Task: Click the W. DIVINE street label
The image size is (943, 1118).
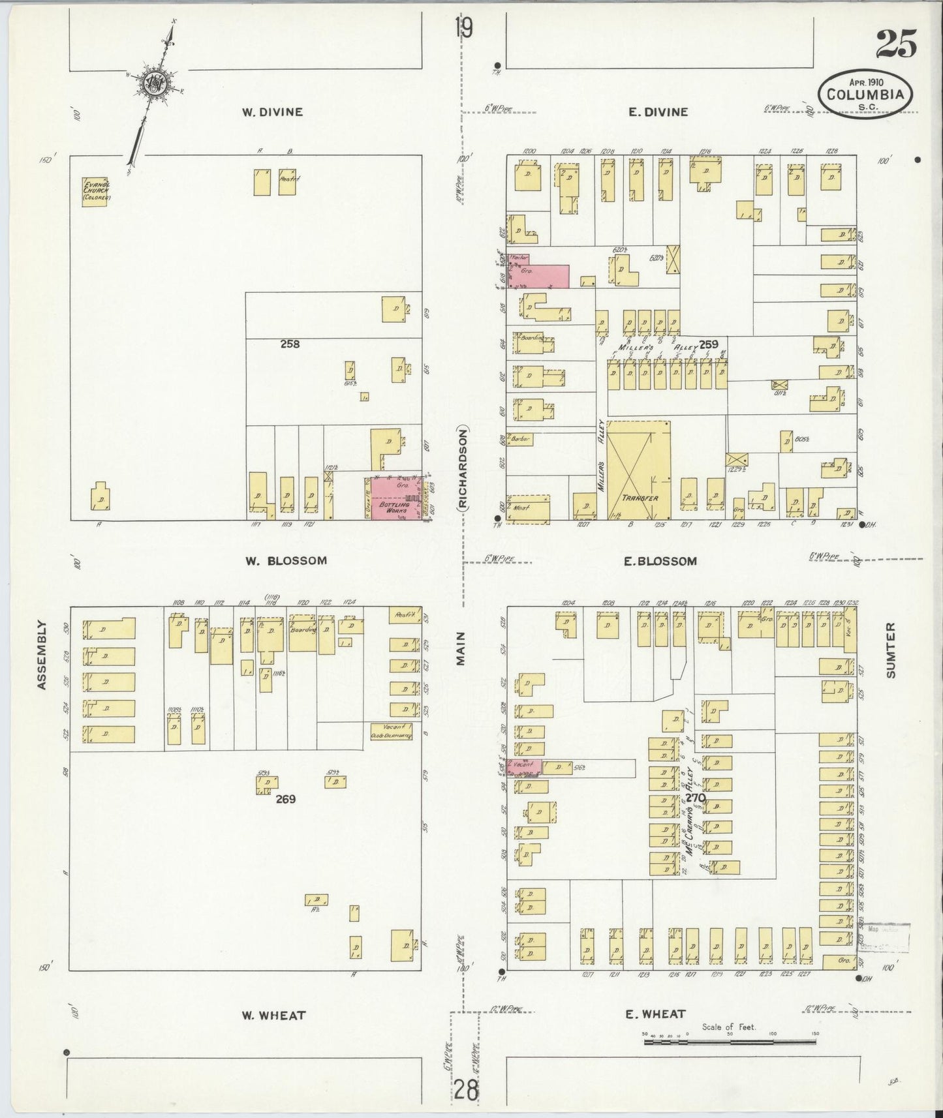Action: [273, 112]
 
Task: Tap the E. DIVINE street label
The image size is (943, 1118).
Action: [658, 112]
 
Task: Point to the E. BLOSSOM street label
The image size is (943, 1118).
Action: [660, 561]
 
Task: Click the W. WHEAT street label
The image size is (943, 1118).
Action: [273, 1015]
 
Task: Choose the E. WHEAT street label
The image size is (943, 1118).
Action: [655, 1014]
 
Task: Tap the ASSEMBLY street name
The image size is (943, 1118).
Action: [42, 654]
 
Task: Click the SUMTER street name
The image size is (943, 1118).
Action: [891, 650]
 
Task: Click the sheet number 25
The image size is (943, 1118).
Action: [895, 44]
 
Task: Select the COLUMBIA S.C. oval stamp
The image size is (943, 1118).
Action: [865, 95]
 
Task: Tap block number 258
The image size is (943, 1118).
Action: [290, 344]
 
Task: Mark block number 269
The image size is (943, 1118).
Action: [285, 798]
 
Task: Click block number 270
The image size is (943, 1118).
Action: [696, 797]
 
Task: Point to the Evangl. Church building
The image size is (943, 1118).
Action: [95, 192]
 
